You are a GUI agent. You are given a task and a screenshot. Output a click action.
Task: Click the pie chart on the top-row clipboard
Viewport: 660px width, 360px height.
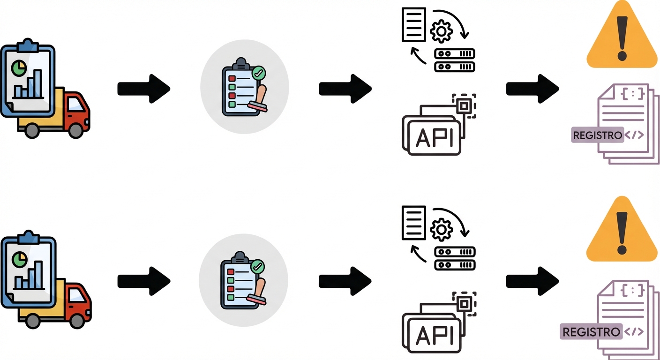[x=18, y=68]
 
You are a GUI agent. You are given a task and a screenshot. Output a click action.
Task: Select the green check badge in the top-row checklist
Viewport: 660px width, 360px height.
[x=258, y=73]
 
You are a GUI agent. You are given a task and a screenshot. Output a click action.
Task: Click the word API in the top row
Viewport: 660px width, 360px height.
[x=435, y=137]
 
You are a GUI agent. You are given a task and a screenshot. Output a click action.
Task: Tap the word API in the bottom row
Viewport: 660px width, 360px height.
[x=435, y=334]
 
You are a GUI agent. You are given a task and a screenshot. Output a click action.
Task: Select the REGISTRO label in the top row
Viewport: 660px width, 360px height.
[x=597, y=135]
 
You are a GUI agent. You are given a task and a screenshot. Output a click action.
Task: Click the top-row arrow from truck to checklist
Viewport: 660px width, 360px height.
[x=143, y=89]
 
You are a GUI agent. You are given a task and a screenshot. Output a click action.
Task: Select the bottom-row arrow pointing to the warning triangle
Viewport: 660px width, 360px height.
[x=532, y=281]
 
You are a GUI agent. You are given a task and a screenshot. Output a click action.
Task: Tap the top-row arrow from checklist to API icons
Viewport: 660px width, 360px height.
[x=345, y=89]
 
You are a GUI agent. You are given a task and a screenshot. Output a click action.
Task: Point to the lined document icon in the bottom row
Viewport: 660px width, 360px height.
[x=414, y=223]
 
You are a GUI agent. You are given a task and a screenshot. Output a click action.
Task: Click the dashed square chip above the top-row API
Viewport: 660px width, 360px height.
[x=464, y=106]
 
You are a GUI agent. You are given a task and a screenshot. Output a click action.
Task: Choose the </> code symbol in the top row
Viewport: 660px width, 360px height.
[x=634, y=135]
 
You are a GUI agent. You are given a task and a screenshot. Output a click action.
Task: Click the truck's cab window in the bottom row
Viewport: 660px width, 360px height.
[x=76, y=296]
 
